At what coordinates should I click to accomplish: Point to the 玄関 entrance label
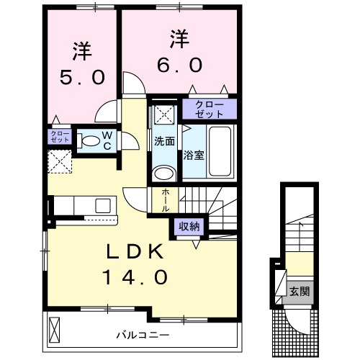tap(300, 292)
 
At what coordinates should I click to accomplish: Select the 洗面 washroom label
tap(164, 141)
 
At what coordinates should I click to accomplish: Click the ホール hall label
tap(166, 199)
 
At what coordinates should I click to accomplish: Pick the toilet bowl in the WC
tap(89, 140)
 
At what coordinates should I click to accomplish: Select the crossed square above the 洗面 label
tap(162, 115)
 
